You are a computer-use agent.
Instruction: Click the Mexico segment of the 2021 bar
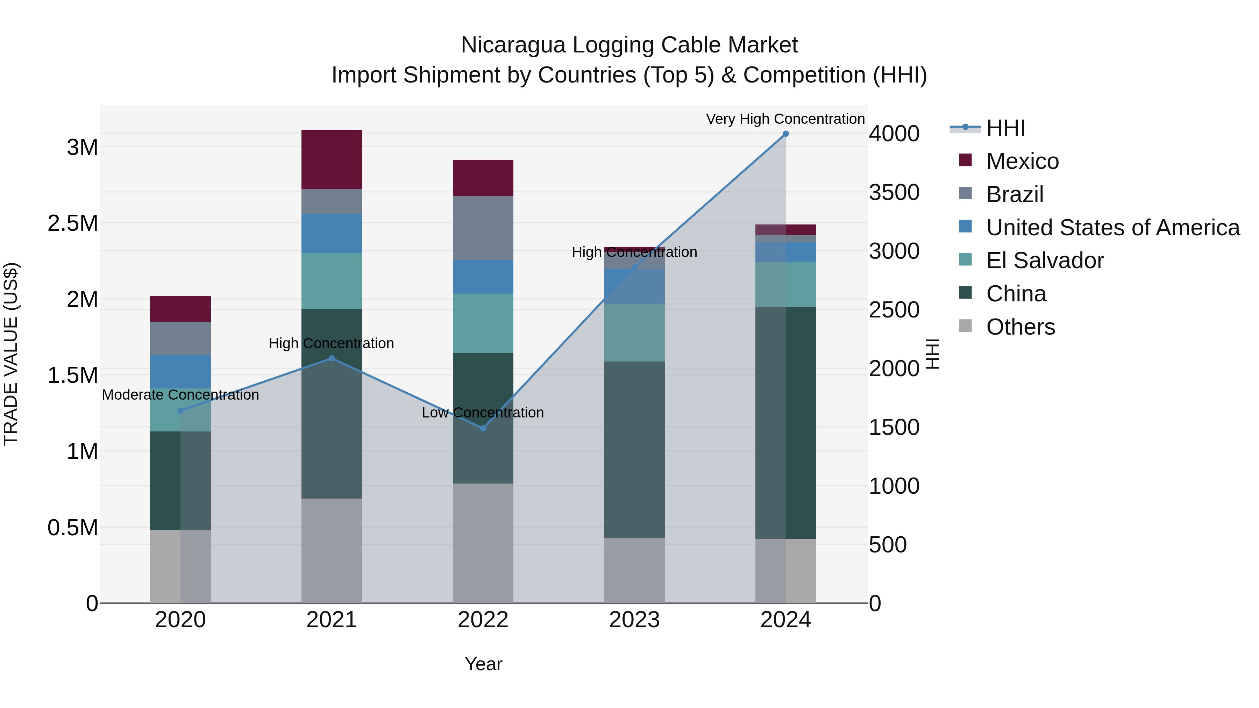pyautogui.click(x=332, y=159)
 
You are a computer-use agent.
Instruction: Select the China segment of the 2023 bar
pyautogui.click(x=634, y=450)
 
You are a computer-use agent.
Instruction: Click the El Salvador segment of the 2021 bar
pyautogui.click(x=332, y=281)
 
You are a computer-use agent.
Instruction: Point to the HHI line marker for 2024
pyautogui.click(x=785, y=134)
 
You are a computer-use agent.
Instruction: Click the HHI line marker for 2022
pyautogui.click(x=483, y=428)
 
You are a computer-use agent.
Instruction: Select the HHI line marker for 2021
pyautogui.click(x=332, y=358)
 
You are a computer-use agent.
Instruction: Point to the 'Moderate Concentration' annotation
pyautogui.click(x=180, y=395)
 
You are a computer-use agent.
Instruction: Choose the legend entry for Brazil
pyautogui.click(x=1015, y=194)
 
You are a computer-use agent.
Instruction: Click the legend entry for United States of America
pyautogui.click(x=1112, y=228)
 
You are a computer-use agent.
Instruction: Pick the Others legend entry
pyautogui.click(x=1020, y=327)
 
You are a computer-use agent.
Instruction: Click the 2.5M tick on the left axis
pyautogui.click(x=73, y=223)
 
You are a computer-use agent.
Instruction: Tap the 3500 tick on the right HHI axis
pyautogui.click(x=894, y=193)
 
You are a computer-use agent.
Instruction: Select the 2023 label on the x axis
pyautogui.click(x=634, y=620)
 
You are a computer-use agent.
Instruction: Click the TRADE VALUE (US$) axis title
pyautogui.click(x=11, y=354)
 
